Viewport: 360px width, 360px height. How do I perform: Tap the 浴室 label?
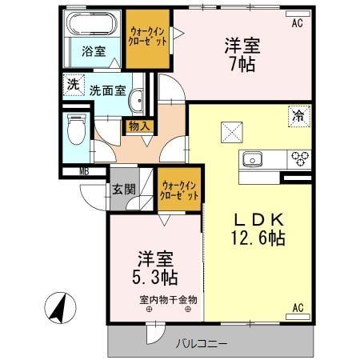tap(94, 52)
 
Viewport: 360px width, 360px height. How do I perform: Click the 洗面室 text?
tap(106, 91)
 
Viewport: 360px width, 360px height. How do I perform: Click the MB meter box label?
tap(84, 170)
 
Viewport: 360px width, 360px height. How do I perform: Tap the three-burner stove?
tap(299, 156)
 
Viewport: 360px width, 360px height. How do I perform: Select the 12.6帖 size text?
tap(258, 238)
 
